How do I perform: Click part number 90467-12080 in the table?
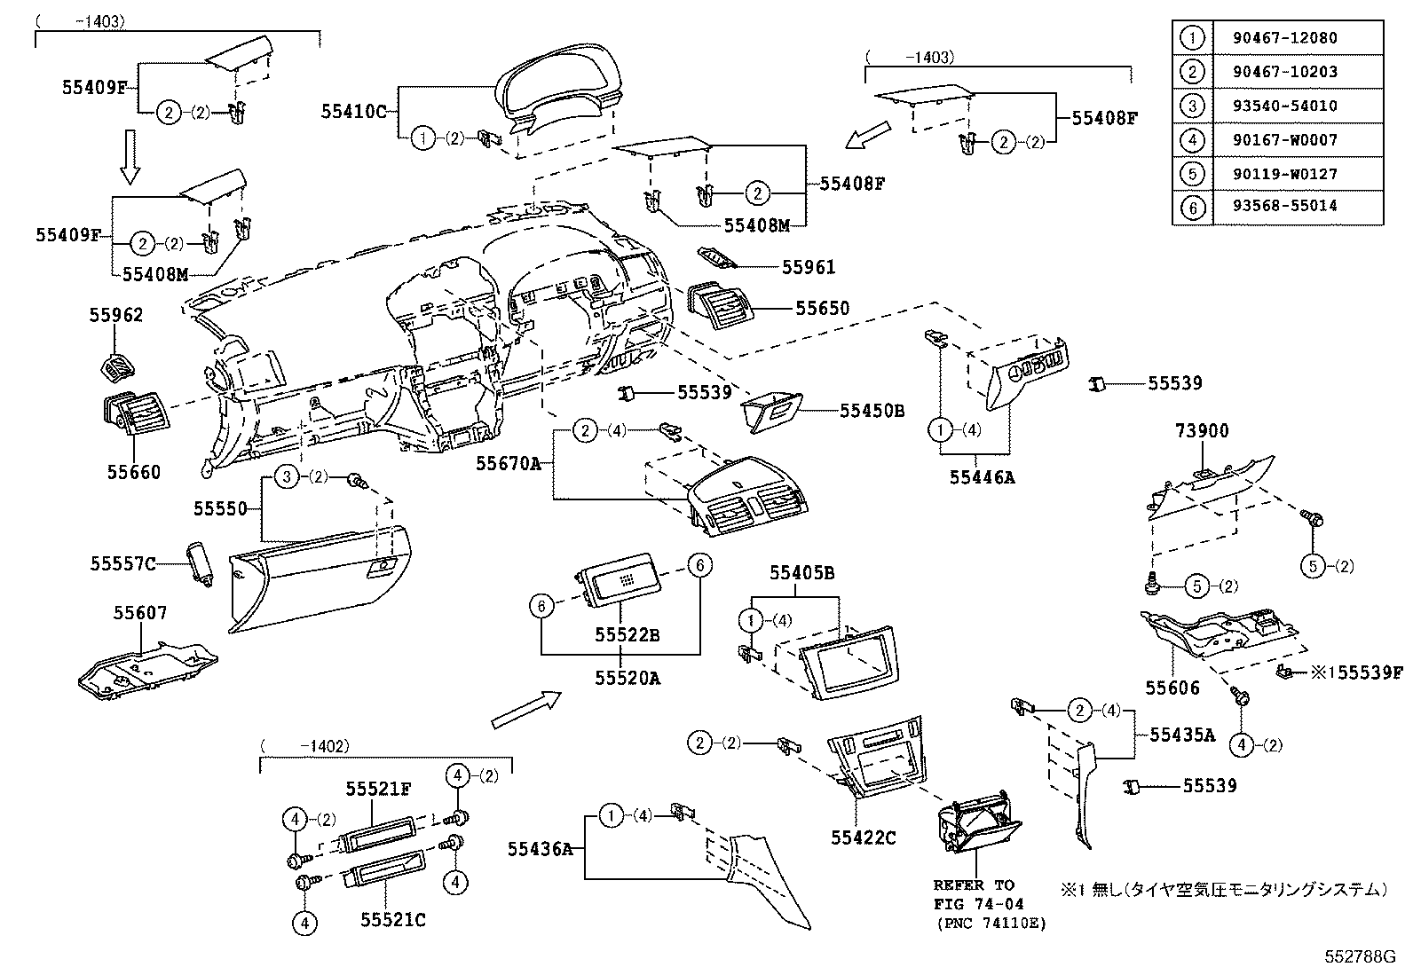tap(1284, 38)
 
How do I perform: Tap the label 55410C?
tap(354, 111)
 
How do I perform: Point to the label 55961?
tap(809, 267)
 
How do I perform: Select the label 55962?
tap(115, 316)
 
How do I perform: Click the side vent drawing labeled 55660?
tap(135, 414)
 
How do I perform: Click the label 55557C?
tap(122, 563)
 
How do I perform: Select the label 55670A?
tap(508, 463)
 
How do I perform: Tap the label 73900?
tap(1203, 431)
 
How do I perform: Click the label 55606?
tap(1172, 688)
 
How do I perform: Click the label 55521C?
tap(392, 920)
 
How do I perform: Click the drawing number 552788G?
tap(1360, 956)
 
